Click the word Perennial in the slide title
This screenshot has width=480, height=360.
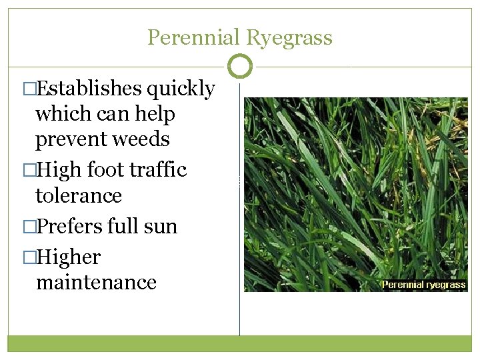(x=193, y=37)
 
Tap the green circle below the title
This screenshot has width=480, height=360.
(x=240, y=66)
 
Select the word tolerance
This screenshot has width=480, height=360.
(x=79, y=196)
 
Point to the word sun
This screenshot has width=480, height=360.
(x=161, y=227)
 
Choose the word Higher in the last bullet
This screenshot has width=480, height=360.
(x=69, y=258)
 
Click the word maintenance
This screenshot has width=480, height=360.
(x=96, y=283)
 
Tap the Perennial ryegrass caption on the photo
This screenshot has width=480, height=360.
(x=423, y=285)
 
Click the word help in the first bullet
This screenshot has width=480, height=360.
(x=155, y=115)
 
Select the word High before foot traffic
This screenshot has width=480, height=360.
(x=55, y=171)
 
